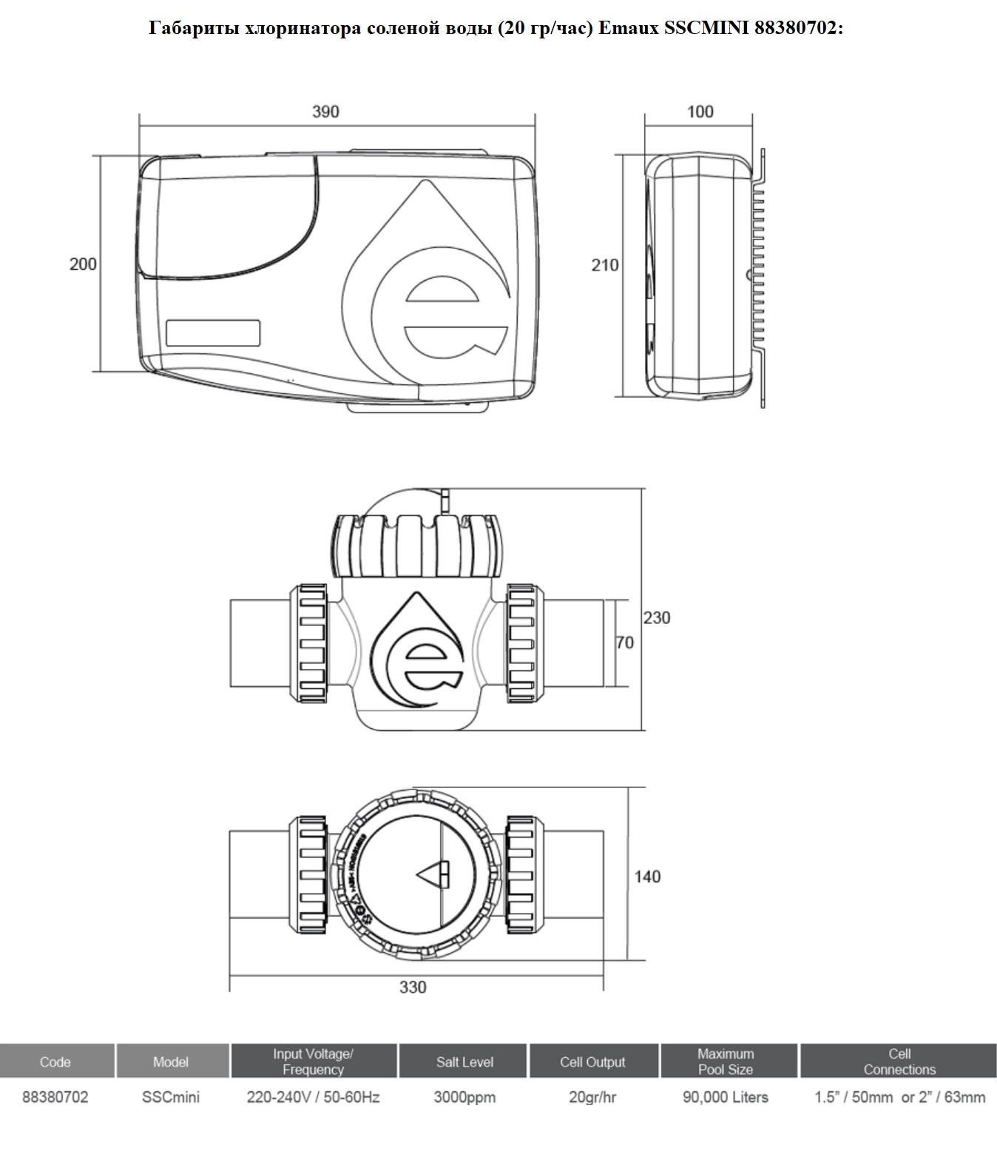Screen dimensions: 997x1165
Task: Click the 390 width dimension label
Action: point(326,112)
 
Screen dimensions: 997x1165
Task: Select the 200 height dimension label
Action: point(83,264)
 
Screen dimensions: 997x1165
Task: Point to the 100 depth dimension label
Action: point(700,112)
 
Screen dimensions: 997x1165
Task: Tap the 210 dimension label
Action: point(604,265)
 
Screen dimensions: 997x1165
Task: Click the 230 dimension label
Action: point(656,618)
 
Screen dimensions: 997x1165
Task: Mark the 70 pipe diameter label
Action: point(624,642)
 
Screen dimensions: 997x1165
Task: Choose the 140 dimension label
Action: point(647,877)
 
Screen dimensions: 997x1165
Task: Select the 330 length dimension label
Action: point(413,987)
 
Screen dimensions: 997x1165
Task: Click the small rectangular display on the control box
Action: point(213,333)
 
